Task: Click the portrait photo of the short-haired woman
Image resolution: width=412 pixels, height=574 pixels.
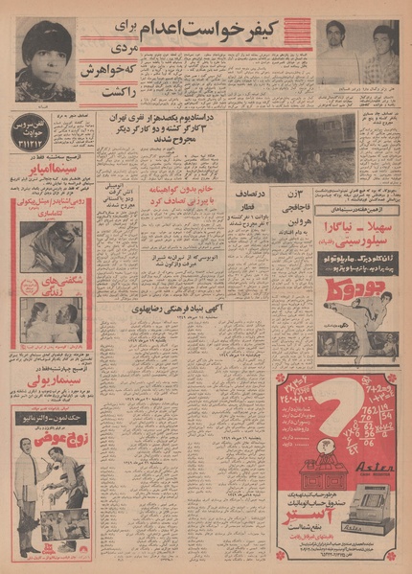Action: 44,58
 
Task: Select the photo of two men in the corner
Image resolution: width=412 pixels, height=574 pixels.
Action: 358,53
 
